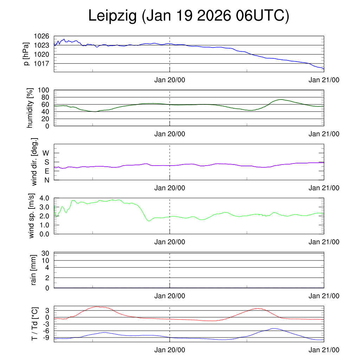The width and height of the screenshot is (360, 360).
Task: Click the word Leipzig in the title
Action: tap(112, 16)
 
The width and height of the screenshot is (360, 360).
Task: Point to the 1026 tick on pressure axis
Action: tap(41, 36)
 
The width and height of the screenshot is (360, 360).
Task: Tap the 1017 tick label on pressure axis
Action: tap(41, 63)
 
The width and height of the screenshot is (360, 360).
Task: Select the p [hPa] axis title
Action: tap(26, 54)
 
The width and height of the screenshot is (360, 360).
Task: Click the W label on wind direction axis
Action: tap(46, 153)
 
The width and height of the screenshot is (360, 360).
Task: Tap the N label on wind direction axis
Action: tap(46, 180)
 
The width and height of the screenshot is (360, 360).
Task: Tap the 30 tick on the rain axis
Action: tap(46, 253)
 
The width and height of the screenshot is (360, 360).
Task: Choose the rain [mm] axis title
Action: tap(34, 270)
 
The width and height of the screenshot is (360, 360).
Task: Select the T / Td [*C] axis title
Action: tap(34, 323)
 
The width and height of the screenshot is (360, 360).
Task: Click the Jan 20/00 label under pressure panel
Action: tap(170, 80)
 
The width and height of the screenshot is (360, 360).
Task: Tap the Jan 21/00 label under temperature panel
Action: tap(324, 350)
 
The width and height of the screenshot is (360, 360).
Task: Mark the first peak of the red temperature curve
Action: tap(97, 307)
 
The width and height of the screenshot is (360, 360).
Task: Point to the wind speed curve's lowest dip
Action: tap(149, 221)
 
